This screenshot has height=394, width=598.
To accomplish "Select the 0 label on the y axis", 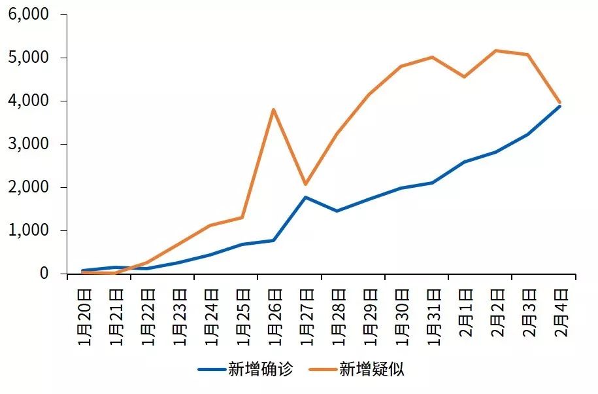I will pyautogui.click(x=44, y=274).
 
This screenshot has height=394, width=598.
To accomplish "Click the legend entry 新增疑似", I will pyautogui.click(x=371, y=369).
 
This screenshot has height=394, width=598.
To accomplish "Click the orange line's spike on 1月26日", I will pyautogui.click(x=273, y=109).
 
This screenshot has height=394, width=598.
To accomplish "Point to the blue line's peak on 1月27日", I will pyautogui.click(x=305, y=197).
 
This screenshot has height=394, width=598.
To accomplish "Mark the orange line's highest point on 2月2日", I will pyautogui.click(x=495, y=50).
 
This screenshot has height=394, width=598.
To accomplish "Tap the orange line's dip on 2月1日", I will pyautogui.click(x=464, y=77).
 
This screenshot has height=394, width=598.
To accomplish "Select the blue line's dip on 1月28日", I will pyautogui.click(x=337, y=211).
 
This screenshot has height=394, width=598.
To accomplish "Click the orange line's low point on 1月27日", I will pyautogui.click(x=305, y=184).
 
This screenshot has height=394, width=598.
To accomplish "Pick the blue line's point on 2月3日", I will pyautogui.click(x=527, y=134).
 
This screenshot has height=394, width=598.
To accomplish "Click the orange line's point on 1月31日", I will pyautogui.click(x=432, y=57).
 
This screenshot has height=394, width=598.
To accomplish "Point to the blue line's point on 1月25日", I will pyautogui.click(x=242, y=244).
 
